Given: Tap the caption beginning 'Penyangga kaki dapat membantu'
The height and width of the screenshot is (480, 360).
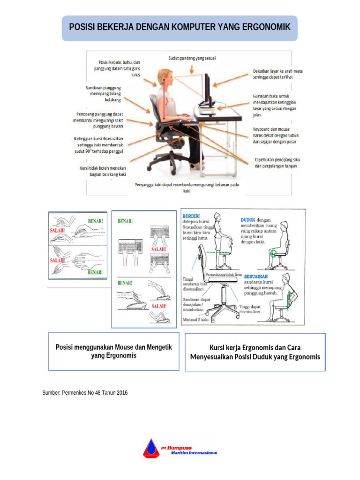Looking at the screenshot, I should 187,187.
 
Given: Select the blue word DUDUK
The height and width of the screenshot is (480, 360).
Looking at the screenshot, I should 248,219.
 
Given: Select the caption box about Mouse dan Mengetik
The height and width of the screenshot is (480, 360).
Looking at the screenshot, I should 114,352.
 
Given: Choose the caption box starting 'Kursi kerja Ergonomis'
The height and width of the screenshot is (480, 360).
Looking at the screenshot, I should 255,352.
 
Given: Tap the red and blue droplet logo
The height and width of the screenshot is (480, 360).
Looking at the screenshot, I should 151,448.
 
